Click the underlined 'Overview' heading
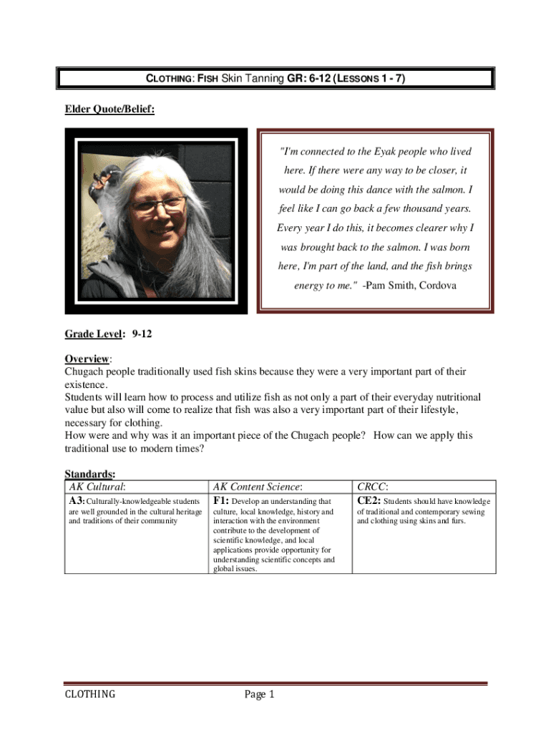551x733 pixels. (87, 358)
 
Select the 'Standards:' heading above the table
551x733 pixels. (90, 474)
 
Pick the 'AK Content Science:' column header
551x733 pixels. (257, 487)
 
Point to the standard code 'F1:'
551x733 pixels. (220, 500)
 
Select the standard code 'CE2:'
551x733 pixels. (369, 500)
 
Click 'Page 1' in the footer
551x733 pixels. (259, 694)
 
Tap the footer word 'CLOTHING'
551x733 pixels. (90, 694)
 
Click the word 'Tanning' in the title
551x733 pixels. (264, 79)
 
